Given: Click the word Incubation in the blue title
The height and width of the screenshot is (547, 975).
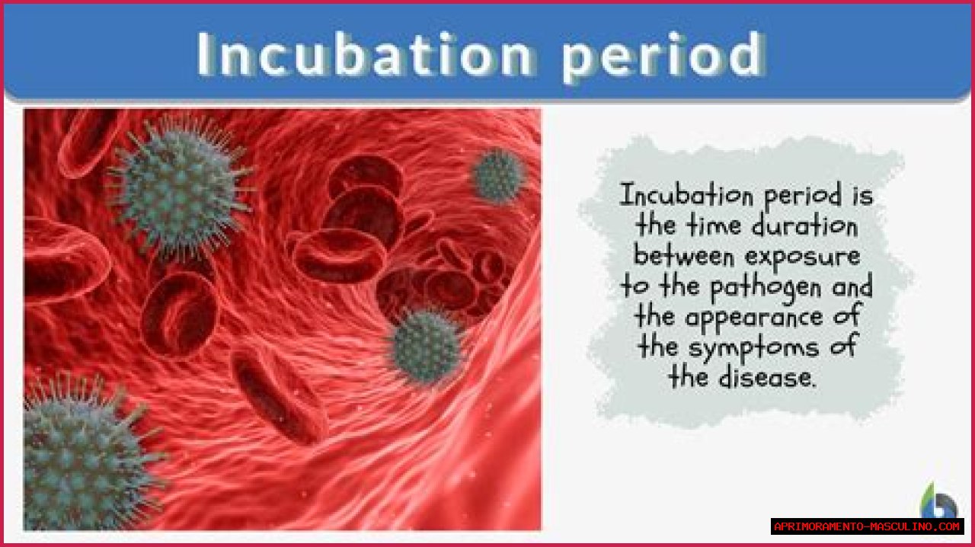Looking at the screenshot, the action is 365,54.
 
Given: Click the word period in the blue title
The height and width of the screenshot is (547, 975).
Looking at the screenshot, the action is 663,56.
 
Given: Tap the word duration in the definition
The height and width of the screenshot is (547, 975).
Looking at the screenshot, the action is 805,226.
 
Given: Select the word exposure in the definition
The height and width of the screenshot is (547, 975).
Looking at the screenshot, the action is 803,258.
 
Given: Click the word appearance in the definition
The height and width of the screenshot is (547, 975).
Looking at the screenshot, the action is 754,318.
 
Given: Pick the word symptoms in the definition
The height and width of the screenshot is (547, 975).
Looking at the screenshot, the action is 753,349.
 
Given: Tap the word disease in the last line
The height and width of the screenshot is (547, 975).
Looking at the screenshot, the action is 766,377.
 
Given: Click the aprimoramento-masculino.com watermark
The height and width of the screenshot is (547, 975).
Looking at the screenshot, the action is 867,526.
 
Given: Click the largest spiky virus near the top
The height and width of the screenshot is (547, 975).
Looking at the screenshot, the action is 179,188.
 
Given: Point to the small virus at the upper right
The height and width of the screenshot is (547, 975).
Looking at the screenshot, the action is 498,176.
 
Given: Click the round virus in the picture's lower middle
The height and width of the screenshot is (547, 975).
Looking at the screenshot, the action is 427,347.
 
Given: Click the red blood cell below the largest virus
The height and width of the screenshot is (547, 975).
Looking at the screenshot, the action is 179,315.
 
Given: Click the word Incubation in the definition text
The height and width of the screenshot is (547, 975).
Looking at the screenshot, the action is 686,196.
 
